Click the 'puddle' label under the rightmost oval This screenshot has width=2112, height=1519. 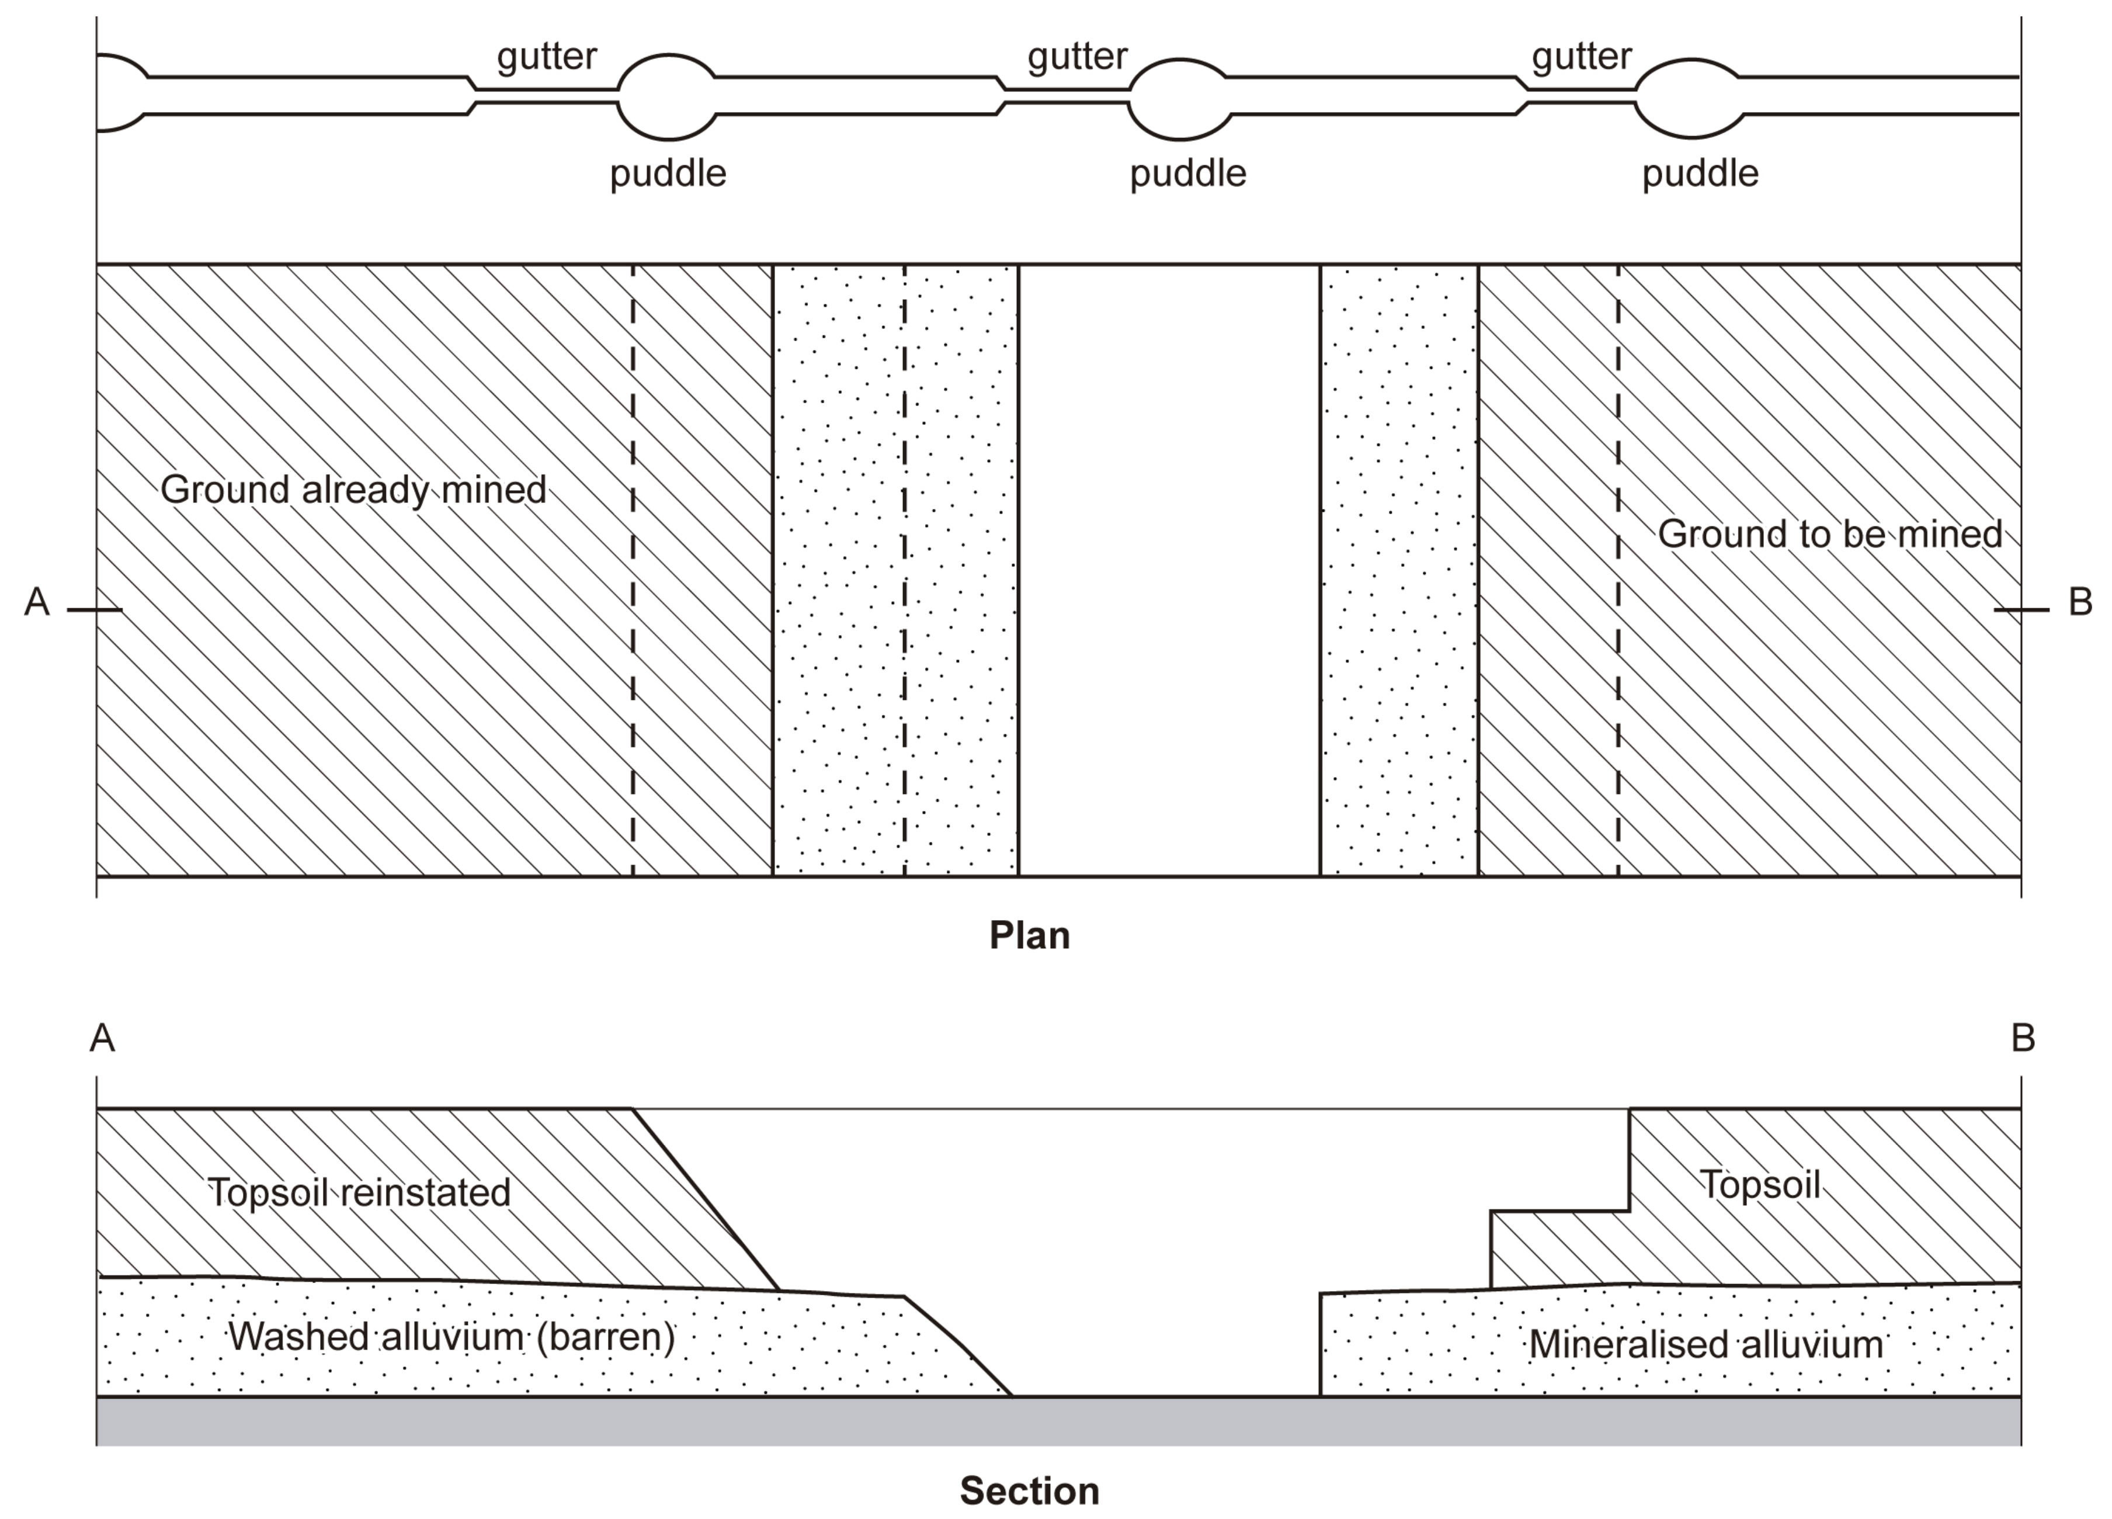[x=1700, y=174]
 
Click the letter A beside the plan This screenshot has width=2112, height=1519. [x=36, y=602]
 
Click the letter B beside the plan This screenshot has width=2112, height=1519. [x=2079, y=602]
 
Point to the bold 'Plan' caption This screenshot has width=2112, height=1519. [x=1029, y=935]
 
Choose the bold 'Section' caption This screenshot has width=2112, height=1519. [x=1029, y=1491]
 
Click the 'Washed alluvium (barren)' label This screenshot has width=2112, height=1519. [x=451, y=1337]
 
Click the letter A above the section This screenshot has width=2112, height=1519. [x=102, y=1038]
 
